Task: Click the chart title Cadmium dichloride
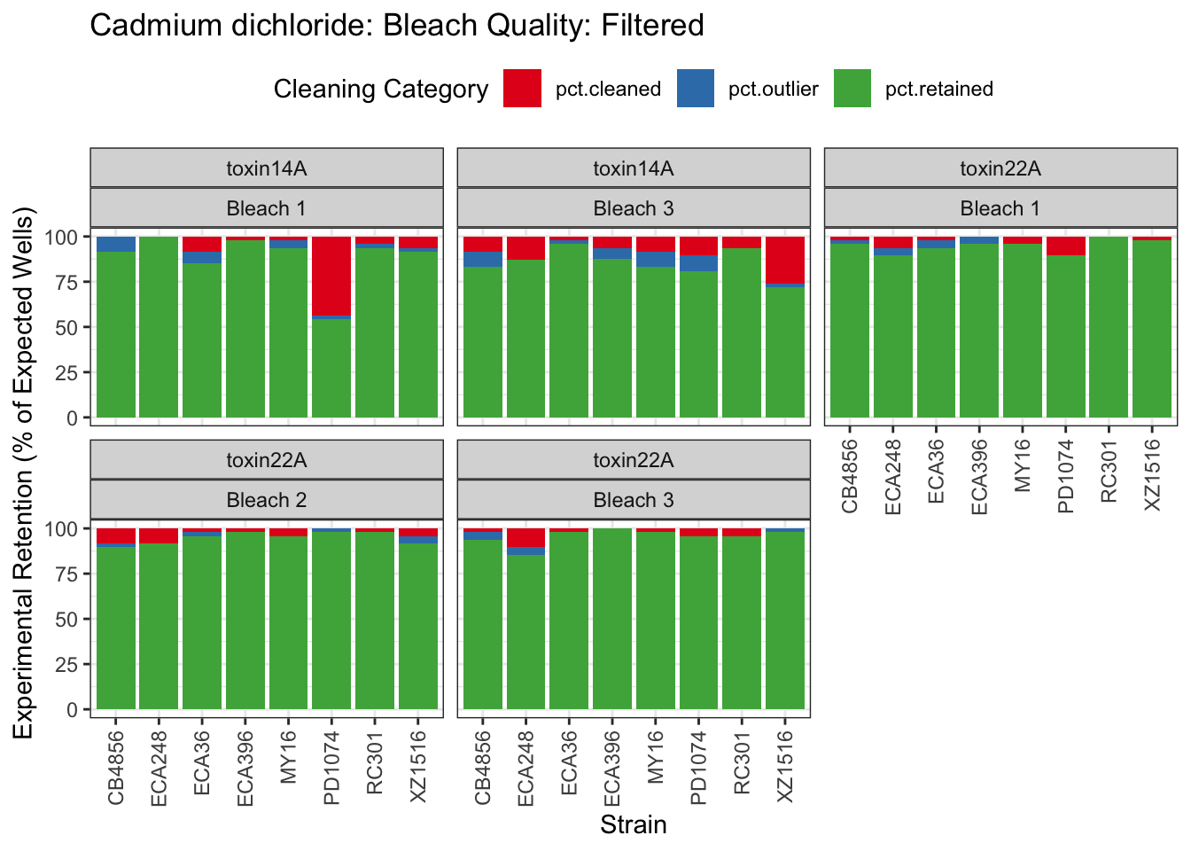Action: pyautogui.click(x=396, y=26)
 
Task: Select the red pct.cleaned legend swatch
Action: pyautogui.click(x=522, y=89)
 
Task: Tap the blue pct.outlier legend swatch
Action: pyautogui.click(x=696, y=89)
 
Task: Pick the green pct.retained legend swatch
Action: pyautogui.click(x=852, y=89)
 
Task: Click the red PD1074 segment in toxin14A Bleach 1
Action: pyautogui.click(x=331, y=276)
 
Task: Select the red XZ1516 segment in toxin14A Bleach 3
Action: pyautogui.click(x=785, y=260)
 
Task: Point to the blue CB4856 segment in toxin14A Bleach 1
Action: pyautogui.click(x=116, y=244)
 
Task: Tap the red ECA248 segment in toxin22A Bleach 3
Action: pyautogui.click(x=525, y=537)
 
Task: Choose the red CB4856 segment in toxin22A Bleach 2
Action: pyautogui.click(x=116, y=535)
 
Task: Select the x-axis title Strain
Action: pyautogui.click(x=633, y=825)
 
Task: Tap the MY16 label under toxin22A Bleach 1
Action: pyautogui.click(x=1023, y=465)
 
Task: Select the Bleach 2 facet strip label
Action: pyautogui.click(x=267, y=500)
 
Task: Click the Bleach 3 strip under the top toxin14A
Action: pyautogui.click(x=634, y=208)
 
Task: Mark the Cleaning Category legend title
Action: pyautogui.click(x=381, y=89)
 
